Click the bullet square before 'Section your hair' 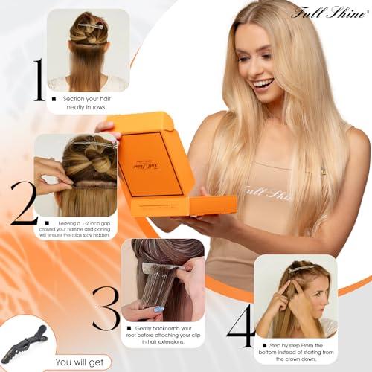coord(54,98)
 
